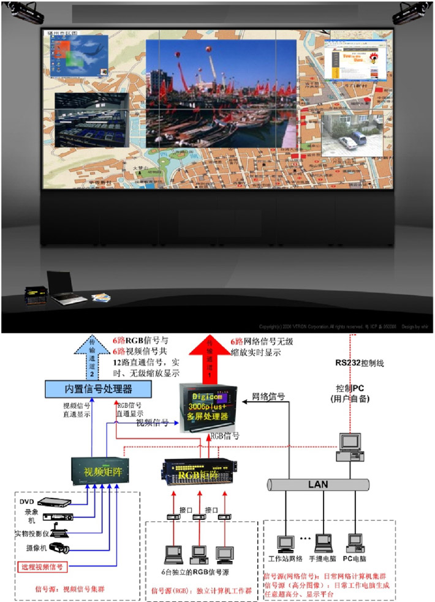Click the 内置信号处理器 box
[90, 389]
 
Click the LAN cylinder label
[318, 484]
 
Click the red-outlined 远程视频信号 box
[42, 566]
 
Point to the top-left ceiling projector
[25, 11]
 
